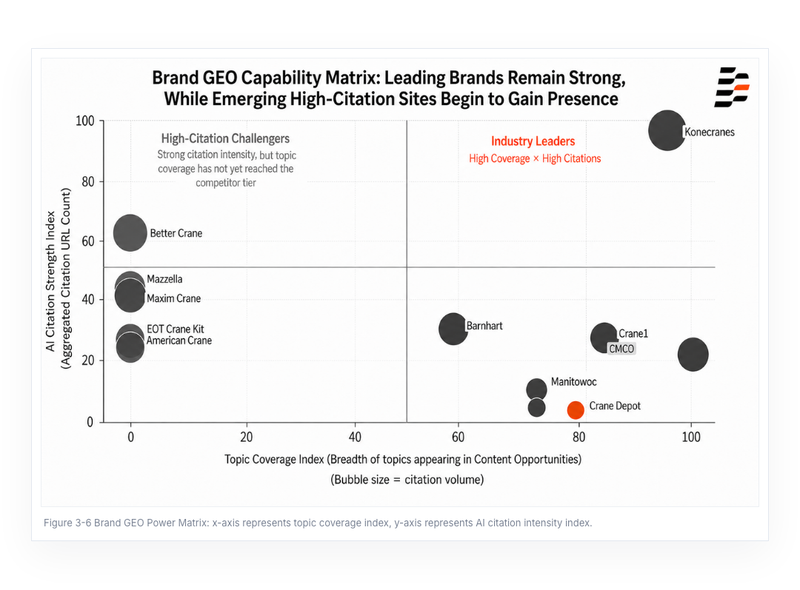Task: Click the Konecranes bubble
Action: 667,131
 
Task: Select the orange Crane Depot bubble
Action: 576,409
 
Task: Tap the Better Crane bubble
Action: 130,233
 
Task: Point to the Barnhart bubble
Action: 453,328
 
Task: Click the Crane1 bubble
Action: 604,337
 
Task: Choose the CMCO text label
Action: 621,349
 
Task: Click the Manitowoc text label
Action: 573,382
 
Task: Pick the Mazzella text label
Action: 164,279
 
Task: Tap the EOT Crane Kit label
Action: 175,329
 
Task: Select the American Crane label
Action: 179,340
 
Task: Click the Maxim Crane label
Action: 173,299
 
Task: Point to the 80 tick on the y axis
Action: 88,182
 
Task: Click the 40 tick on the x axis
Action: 355,437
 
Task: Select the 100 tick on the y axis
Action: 85,121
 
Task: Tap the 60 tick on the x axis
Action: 458,437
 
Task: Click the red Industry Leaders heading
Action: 533,141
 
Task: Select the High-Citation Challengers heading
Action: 225,138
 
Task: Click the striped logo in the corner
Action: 732,87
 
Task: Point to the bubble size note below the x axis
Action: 407,480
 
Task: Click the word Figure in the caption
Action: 58,523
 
